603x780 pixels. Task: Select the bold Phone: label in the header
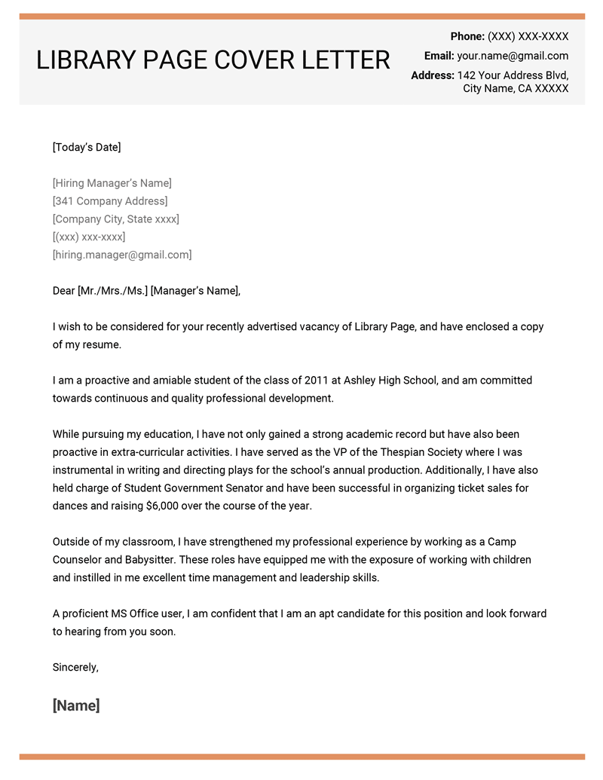pyautogui.click(x=467, y=36)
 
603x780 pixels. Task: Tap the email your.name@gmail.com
pyautogui.click(x=513, y=56)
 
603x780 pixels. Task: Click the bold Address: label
pyautogui.click(x=433, y=75)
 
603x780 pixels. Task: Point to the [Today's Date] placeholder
pyautogui.click(x=87, y=147)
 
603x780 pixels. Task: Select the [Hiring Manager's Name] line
pyautogui.click(x=112, y=183)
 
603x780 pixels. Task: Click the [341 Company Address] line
pyautogui.click(x=110, y=201)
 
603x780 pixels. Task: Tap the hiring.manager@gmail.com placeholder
pyautogui.click(x=122, y=255)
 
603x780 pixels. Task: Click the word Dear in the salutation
pyautogui.click(x=64, y=291)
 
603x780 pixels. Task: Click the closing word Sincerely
pyautogui.click(x=75, y=667)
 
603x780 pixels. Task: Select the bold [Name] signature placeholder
pyautogui.click(x=76, y=705)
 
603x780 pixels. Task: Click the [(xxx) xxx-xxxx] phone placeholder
pyautogui.click(x=89, y=237)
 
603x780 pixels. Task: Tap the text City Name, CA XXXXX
pyautogui.click(x=516, y=89)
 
